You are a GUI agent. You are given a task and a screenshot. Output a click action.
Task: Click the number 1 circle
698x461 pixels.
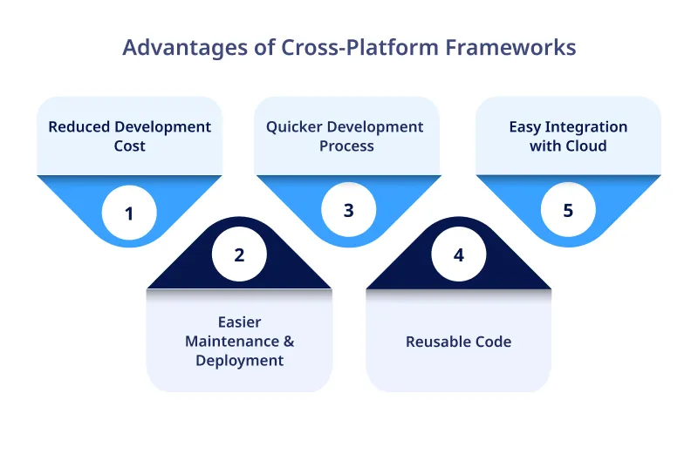point(129,212)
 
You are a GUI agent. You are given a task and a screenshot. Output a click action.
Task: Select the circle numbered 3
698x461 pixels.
point(348,210)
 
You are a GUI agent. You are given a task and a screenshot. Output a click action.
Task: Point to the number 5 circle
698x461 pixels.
point(568,210)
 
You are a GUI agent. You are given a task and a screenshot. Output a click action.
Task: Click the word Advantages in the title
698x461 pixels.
point(179,47)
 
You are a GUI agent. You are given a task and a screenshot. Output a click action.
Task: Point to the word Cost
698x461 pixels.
point(129,146)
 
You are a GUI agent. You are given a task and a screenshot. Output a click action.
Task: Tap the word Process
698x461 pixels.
point(346,146)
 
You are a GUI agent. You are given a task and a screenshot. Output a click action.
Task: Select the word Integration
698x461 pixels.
point(587,127)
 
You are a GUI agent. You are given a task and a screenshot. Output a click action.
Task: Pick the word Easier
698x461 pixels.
point(239,322)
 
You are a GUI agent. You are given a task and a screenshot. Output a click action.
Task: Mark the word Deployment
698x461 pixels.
point(239,361)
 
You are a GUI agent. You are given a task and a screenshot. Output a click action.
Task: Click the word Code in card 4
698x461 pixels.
point(493,342)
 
